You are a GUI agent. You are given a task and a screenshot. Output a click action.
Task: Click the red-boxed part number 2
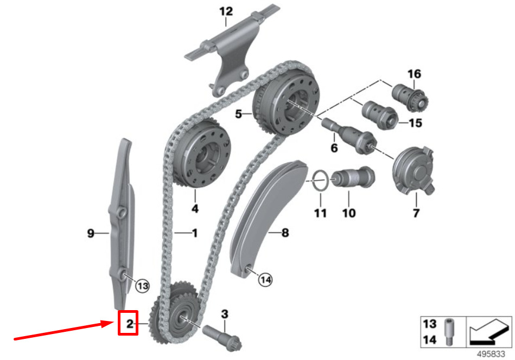[130, 324]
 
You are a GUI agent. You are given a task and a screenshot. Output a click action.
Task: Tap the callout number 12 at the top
[226, 12]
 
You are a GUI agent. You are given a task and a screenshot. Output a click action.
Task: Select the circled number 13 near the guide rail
[143, 286]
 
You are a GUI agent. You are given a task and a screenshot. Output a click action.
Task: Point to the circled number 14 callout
[265, 280]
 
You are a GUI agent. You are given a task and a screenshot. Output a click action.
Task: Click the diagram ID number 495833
[491, 355]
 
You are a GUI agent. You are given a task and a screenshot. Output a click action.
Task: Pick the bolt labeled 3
[222, 337]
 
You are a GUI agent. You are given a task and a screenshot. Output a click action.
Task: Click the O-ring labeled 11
[320, 180]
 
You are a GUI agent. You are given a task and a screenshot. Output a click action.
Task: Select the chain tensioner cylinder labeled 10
[352, 177]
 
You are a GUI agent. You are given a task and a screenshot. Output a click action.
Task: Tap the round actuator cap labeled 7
[414, 170]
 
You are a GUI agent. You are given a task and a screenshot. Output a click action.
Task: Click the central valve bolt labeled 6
[349, 135]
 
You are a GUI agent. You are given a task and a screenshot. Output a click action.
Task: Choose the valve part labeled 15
[380, 115]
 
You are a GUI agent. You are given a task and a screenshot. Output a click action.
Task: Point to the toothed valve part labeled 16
[410, 97]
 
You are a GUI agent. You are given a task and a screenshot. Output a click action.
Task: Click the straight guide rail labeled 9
[121, 224]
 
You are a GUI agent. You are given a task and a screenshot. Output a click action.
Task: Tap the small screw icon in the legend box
[449, 332]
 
